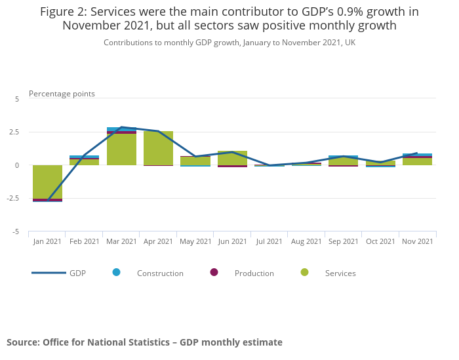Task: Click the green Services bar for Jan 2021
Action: [x=47, y=182]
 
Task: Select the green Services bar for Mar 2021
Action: [x=121, y=149]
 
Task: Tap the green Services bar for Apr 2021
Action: [x=158, y=148]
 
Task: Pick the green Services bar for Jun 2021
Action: [x=232, y=158]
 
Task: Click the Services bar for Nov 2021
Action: [x=417, y=161]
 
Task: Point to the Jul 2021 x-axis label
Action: [x=269, y=241]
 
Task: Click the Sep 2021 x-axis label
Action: [x=344, y=241]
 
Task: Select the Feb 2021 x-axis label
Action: [x=85, y=241]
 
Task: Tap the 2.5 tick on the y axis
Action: [x=14, y=132]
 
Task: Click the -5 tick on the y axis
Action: [x=17, y=231]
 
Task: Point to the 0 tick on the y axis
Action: [x=18, y=165]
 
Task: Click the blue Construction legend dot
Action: [x=117, y=272]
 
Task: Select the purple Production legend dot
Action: [x=214, y=272]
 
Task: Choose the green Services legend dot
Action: [x=304, y=272]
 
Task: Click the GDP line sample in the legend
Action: [x=49, y=273]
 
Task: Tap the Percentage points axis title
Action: [x=62, y=94]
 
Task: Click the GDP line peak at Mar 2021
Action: [x=121, y=127]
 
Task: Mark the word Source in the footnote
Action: [x=22, y=342]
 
